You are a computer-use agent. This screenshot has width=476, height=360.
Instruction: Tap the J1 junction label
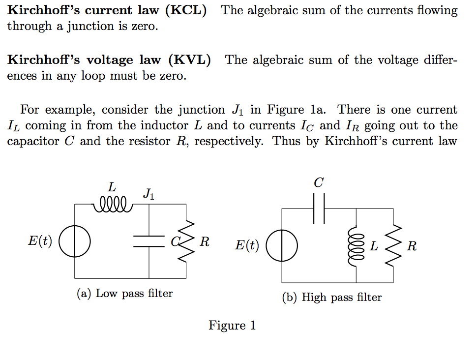(149, 194)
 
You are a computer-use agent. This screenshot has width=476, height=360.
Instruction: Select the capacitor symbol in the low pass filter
(149, 241)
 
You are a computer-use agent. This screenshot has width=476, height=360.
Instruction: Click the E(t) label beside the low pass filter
(40, 241)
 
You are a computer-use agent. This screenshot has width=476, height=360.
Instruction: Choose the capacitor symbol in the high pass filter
(319, 209)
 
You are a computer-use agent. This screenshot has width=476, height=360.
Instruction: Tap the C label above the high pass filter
(319, 183)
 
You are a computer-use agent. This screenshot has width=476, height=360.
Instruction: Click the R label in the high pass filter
(412, 246)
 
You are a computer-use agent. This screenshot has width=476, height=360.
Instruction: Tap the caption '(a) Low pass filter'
(125, 294)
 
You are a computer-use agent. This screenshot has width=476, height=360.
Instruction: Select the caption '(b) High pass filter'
(332, 298)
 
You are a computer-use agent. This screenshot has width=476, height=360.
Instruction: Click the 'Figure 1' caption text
(232, 326)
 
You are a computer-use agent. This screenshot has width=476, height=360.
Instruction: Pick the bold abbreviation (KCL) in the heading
(186, 10)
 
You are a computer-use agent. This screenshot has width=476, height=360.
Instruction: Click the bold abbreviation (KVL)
(190, 60)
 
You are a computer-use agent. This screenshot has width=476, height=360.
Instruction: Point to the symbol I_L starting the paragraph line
(13, 126)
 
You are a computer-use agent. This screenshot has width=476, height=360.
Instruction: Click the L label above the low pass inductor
(112, 187)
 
